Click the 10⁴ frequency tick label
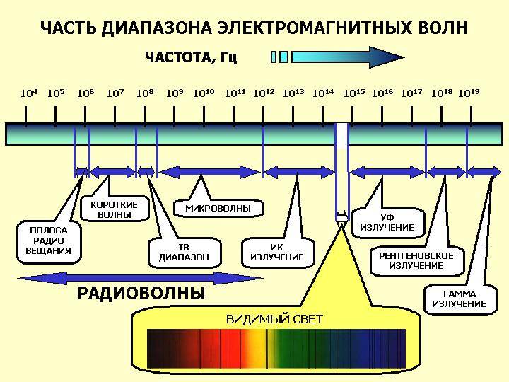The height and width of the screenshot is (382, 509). pyautogui.click(x=28, y=93)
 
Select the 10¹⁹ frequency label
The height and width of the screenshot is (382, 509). pyautogui.click(x=469, y=93)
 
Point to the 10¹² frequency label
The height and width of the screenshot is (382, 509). pyautogui.click(x=264, y=93)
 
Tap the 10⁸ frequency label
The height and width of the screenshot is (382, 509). pyautogui.click(x=145, y=93)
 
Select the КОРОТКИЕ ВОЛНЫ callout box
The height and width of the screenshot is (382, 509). pyautogui.click(x=114, y=209)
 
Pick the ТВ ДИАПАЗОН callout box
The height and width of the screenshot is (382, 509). pyautogui.click(x=184, y=252)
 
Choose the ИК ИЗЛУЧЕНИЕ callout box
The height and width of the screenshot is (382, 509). pyautogui.click(x=277, y=252)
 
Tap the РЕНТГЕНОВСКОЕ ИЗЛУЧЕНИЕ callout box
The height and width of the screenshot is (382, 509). pyautogui.click(x=416, y=260)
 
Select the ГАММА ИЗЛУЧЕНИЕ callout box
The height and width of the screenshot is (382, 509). pyautogui.click(x=459, y=299)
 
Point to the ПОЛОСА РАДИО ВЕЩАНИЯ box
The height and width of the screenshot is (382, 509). pyautogui.click(x=49, y=241)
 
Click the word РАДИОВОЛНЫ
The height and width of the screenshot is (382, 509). pyautogui.click(x=141, y=293)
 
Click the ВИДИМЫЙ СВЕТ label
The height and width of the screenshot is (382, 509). pyautogui.click(x=274, y=319)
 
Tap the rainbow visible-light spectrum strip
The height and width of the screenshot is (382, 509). pyautogui.click(x=276, y=349)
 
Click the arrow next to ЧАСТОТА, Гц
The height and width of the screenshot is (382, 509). pyautogui.click(x=339, y=57)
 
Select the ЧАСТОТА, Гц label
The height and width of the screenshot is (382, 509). pyautogui.click(x=191, y=57)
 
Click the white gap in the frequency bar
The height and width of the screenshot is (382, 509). pyautogui.click(x=342, y=134)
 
